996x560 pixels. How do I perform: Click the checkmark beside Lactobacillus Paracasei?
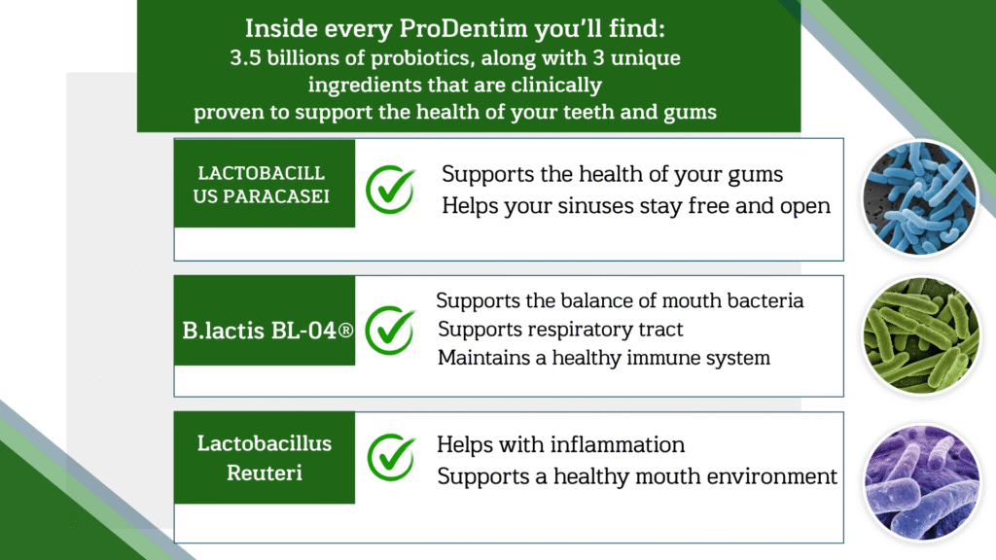click(x=391, y=190)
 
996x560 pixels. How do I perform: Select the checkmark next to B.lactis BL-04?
click(x=391, y=331)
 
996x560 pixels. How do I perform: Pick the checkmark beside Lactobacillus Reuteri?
click(x=392, y=457)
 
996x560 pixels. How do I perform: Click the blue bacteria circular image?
click(x=920, y=198)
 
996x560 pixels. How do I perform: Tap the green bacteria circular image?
click(x=922, y=335)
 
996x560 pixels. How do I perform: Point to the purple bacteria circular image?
click(x=922, y=482)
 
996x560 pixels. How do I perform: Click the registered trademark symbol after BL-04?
click(x=345, y=331)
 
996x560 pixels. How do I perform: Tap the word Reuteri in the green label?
click(x=265, y=473)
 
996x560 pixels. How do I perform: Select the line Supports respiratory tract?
click(x=560, y=330)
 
